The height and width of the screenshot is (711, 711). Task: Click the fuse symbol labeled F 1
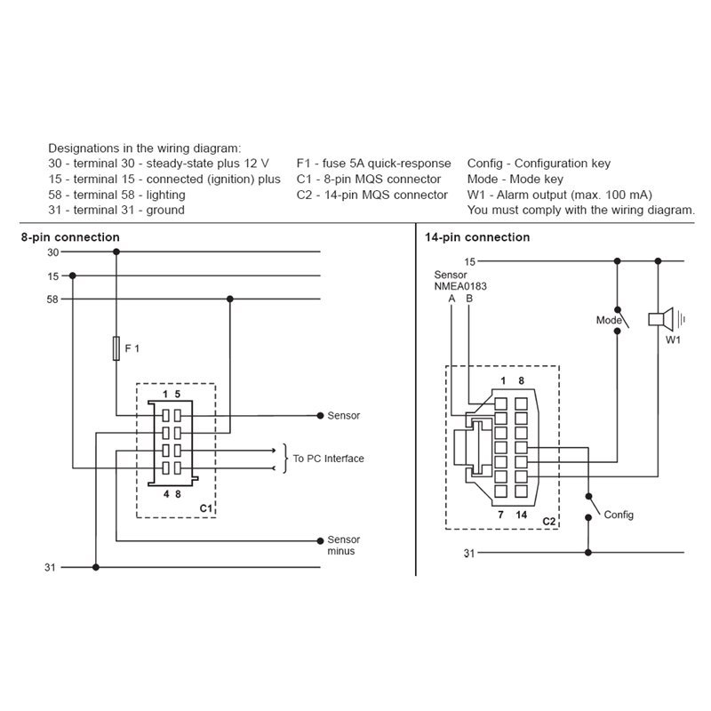click(116, 348)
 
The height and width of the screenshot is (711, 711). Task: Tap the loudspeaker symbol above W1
click(661, 319)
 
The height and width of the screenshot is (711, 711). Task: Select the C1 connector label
click(206, 508)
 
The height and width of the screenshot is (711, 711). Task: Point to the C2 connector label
click(549, 521)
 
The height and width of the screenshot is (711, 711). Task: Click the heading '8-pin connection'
click(70, 237)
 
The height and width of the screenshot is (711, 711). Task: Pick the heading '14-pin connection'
click(477, 237)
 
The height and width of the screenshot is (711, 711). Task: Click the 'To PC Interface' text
click(328, 459)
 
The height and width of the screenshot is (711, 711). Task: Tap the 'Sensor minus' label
click(343, 545)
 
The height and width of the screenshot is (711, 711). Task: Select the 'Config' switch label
click(619, 515)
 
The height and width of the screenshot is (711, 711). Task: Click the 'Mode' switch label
click(609, 320)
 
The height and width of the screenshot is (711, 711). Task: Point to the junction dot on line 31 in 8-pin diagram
click(96, 567)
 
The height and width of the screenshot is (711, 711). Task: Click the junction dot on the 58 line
click(230, 299)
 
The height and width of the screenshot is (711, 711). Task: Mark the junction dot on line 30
click(116, 252)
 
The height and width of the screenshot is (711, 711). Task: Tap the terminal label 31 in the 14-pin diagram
click(469, 553)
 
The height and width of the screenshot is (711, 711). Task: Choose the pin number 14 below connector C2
click(522, 515)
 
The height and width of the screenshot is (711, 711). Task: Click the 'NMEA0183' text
click(460, 286)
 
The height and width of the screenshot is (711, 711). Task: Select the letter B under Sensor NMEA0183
click(469, 299)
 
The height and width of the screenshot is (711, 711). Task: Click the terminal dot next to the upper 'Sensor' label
click(320, 415)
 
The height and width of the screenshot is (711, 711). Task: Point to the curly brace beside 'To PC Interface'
click(285, 459)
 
